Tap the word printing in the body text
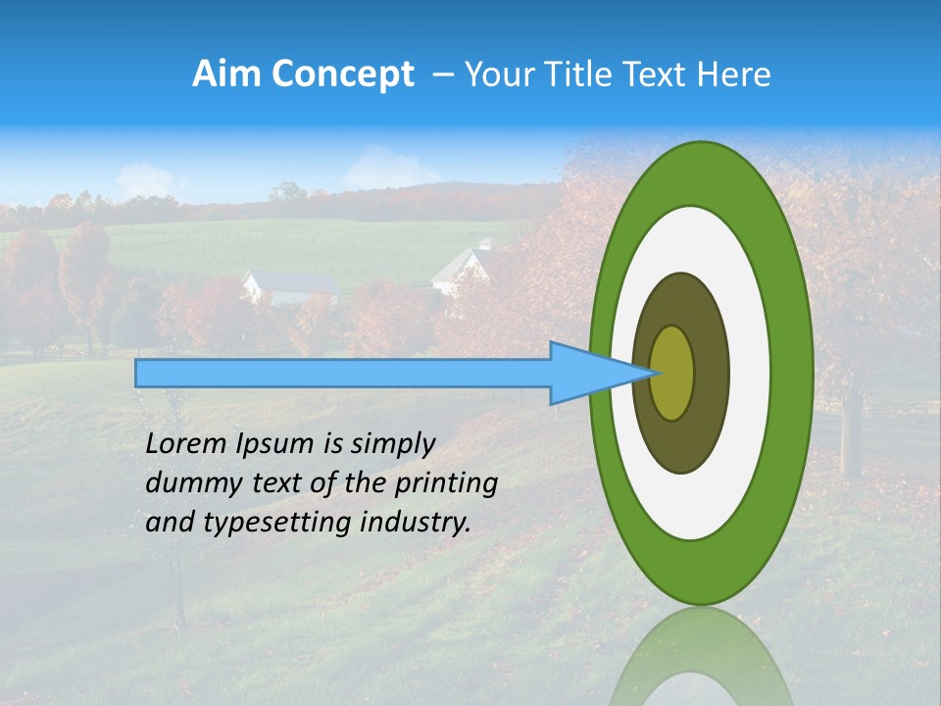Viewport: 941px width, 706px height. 446,484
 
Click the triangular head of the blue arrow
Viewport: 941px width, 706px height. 588,373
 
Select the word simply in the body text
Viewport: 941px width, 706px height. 392,444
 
